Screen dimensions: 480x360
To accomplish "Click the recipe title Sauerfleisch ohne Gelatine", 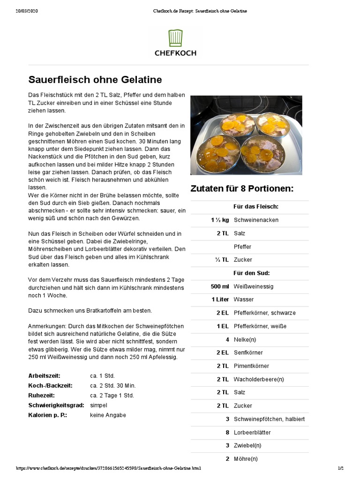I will (95, 79).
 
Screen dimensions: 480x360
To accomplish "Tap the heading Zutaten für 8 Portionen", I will (242, 188).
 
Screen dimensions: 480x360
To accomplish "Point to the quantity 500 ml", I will (220, 286).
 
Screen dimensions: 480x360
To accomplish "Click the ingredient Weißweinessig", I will (254, 286).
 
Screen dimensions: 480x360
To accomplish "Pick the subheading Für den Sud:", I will (252, 273).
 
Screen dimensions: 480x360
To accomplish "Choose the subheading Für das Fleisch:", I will (256, 206).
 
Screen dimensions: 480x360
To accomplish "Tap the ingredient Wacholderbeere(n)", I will (259, 379).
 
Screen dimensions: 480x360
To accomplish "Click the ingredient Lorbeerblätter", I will (252, 432).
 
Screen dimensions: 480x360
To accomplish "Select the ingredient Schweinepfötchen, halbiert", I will (269, 419).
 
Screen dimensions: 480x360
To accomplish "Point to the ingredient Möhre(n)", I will (246, 459).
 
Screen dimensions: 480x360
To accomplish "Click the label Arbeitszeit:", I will (45, 376).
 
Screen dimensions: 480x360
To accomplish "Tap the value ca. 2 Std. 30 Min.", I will (112, 385).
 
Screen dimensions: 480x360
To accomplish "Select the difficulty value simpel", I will (98, 405).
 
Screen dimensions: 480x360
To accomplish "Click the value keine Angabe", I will (108, 415).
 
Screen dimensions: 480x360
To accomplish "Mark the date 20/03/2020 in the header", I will (27, 11).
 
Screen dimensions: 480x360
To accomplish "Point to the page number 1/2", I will (341, 468).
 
